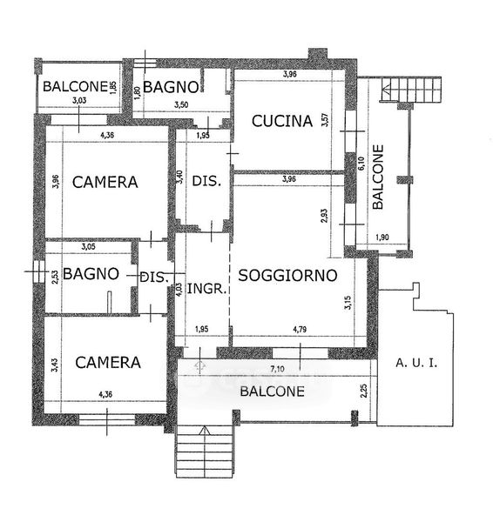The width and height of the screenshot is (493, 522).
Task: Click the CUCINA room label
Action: tap(282, 121)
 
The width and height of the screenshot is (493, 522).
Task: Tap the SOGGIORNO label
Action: tap(287, 276)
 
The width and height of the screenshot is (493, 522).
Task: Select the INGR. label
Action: tap(206, 289)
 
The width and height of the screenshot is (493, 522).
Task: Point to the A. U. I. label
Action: tap(416, 363)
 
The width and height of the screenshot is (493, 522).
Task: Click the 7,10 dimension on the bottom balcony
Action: tap(277, 369)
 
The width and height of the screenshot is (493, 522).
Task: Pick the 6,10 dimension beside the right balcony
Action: tap(361, 164)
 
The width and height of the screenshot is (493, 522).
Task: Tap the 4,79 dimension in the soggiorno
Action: tap(300, 330)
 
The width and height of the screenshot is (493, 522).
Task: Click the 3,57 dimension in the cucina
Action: tap(325, 120)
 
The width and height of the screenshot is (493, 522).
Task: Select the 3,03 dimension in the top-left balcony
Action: tap(79, 100)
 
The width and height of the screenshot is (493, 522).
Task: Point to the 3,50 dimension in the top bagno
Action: tap(181, 105)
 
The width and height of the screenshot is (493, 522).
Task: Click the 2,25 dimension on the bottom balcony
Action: tap(364, 391)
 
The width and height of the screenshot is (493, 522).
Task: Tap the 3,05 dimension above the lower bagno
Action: tap(88, 247)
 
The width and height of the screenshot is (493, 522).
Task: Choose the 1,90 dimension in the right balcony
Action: tap(382, 238)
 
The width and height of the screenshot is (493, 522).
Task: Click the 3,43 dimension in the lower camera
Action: tap(55, 365)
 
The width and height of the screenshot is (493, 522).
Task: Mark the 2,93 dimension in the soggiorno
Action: tap(324, 216)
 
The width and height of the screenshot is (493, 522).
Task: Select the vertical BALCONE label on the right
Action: tap(378, 177)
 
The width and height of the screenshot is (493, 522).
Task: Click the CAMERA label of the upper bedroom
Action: tap(105, 182)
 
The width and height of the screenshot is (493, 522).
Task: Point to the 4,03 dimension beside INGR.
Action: tap(179, 290)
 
